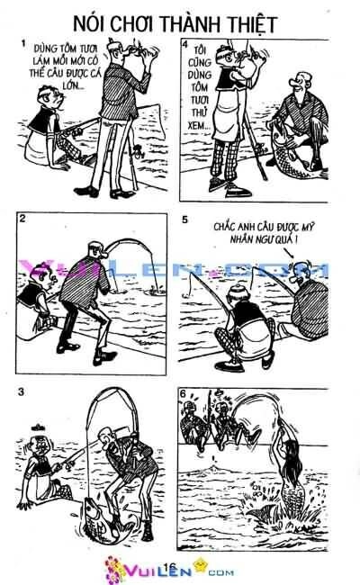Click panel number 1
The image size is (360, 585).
coord(23,43)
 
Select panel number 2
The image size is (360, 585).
coord(23,219)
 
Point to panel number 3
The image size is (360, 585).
coord(23,390)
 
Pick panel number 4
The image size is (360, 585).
coord(185,43)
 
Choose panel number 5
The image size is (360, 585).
coord(185,220)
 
